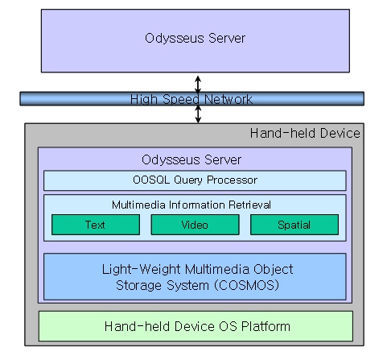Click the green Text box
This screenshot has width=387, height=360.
tap(96, 225)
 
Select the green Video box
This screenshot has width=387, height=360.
tap(195, 225)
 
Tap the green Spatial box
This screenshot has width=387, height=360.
tap(294, 225)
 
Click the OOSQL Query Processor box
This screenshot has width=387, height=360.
tap(195, 180)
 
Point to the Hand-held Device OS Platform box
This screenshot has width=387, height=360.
tap(196, 326)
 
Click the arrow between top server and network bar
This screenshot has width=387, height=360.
tap(198, 85)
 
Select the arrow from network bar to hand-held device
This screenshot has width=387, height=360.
tap(198, 114)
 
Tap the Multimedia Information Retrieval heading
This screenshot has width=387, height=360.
tap(191, 205)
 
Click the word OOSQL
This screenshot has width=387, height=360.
tap(151, 180)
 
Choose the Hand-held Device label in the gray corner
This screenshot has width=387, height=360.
tap(305, 133)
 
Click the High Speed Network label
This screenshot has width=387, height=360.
tap(191, 99)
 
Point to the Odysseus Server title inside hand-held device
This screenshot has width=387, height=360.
tap(191, 159)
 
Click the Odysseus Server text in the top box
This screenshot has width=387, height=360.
tap(195, 38)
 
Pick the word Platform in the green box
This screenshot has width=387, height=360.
tap(266, 326)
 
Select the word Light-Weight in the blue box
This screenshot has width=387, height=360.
tap(141, 269)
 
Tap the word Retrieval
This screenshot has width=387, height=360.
tap(249, 205)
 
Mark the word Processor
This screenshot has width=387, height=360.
tap(232, 180)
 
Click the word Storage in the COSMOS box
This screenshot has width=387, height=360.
tap(139, 285)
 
